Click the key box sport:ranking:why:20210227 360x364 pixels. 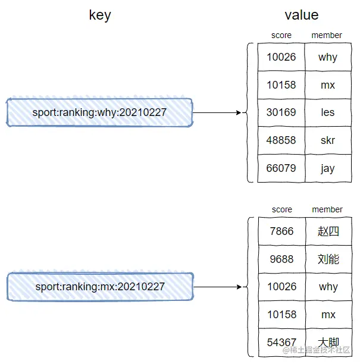[x=99, y=112]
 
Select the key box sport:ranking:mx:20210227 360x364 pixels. [x=100, y=287]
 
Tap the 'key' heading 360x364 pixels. [x=100, y=15]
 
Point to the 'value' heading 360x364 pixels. [x=302, y=15]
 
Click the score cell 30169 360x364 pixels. [x=281, y=112]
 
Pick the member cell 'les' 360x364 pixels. [x=328, y=112]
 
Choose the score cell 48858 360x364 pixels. [x=281, y=140]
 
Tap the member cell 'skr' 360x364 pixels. [x=328, y=140]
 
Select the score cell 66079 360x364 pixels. [x=281, y=168]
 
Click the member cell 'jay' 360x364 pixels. [x=328, y=168]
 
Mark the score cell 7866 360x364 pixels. [x=281, y=231]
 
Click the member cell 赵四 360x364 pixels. [x=328, y=231]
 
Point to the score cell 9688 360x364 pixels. [x=281, y=259]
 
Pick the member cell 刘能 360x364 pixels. [x=328, y=259]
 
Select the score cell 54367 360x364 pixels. [x=281, y=343]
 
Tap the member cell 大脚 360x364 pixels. [x=328, y=343]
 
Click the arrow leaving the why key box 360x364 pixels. [x=217, y=112]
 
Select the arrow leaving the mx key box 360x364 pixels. [x=218, y=287]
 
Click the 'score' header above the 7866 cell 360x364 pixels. [x=282, y=209]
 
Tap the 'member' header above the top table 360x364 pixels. [x=327, y=35]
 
